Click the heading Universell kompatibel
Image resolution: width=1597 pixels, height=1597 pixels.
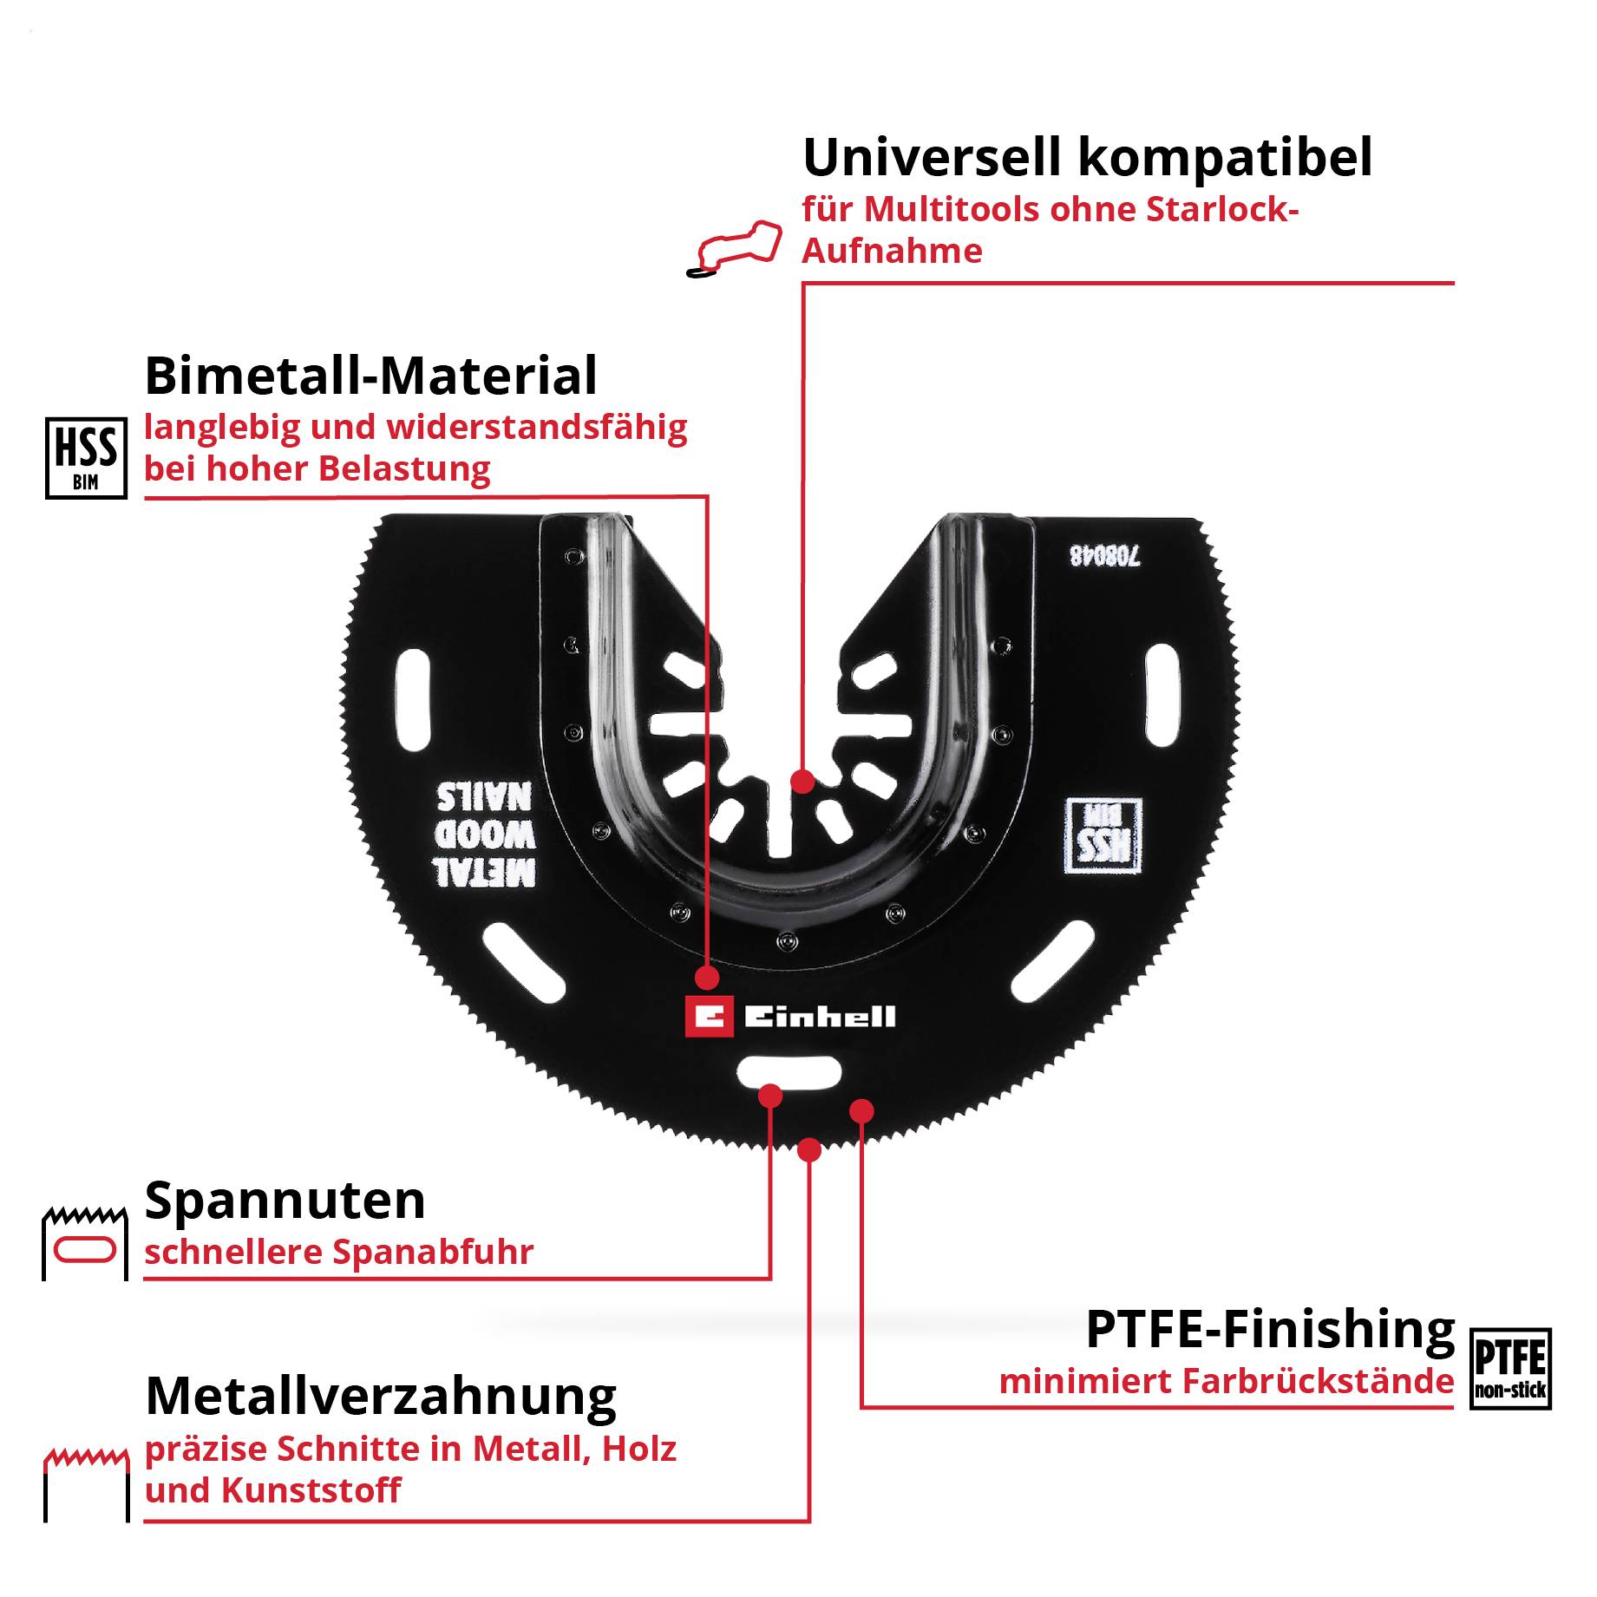[x=1087, y=158]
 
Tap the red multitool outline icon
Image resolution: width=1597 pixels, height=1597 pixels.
[x=734, y=248]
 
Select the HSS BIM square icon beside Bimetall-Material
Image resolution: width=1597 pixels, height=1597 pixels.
[x=86, y=458]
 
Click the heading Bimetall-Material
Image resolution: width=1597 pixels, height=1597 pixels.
[x=370, y=376]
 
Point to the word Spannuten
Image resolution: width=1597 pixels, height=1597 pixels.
[x=285, y=1201]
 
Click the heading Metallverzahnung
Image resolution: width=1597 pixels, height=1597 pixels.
[x=381, y=1396]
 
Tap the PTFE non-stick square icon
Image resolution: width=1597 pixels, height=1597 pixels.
[x=1510, y=1368]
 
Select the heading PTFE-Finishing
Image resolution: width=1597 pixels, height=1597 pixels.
[x=1270, y=1329]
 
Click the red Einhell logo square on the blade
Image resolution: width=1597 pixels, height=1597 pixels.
[x=709, y=1017]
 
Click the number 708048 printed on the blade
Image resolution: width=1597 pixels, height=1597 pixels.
[x=1105, y=555]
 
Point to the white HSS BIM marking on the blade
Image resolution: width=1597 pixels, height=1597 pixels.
[x=1103, y=836]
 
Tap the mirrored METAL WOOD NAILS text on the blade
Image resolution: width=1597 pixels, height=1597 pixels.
[x=484, y=834]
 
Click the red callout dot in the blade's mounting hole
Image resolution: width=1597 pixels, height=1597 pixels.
[x=803, y=782]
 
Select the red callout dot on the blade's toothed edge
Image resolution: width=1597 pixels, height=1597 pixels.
[x=808, y=1150]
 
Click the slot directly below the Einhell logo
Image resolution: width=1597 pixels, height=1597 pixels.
[x=789, y=1073]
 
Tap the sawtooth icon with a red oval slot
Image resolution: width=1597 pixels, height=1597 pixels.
[x=85, y=1241]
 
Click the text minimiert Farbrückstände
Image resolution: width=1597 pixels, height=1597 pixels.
[x=1226, y=1381]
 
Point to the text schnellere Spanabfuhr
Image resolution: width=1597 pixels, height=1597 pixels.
[x=338, y=1252]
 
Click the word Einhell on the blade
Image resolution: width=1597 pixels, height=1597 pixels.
[x=819, y=1017]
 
